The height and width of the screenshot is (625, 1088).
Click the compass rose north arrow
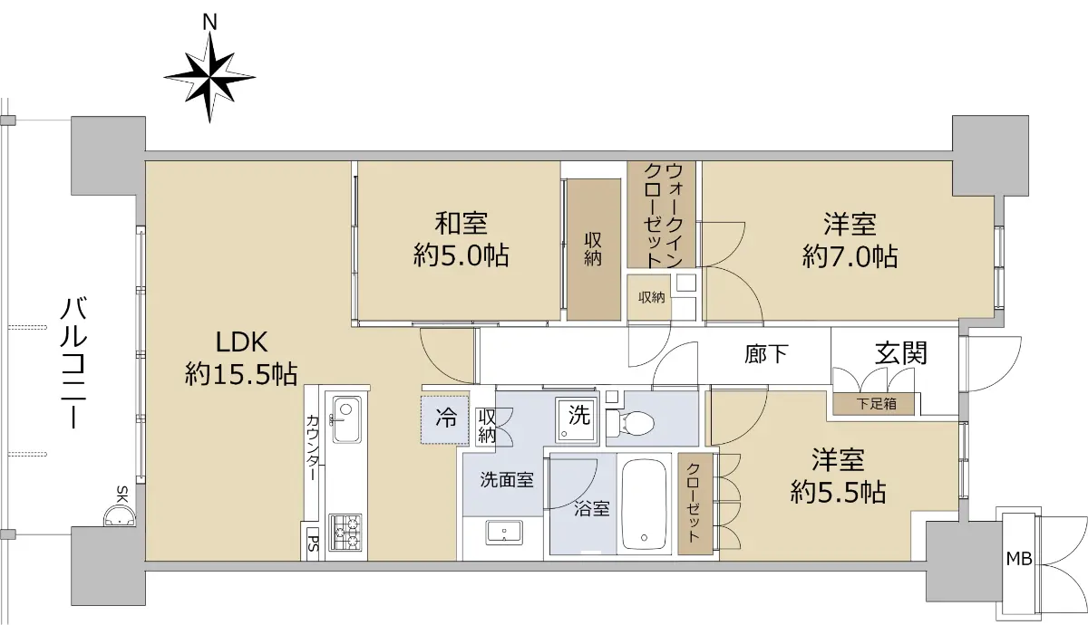pyautogui.click(x=209, y=78)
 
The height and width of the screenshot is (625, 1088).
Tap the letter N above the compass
pyautogui.click(x=209, y=22)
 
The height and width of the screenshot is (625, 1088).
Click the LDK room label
pyautogui.click(x=241, y=342)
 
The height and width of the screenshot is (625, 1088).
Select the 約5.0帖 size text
pyautogui.click(x=461, y=255)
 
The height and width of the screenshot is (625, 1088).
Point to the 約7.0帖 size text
pyautogui.click(x=850, y=256)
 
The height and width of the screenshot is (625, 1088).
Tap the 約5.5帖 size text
pyautogui.click(x=838, y=492)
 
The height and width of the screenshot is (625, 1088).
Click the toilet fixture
pyautogui.click(x=631, y=422)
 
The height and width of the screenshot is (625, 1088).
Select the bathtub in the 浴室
pyautogui.click(x=644, y=504)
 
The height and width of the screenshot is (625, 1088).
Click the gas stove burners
pyautogui.click(x=345, y=533)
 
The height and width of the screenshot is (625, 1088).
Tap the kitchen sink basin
pyautogui.click(x=346, y=419)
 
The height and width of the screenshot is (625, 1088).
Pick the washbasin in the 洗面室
pyautogui.click(x=504, y=533)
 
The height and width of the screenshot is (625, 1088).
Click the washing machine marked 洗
pyautogui.click(x=578, y=420)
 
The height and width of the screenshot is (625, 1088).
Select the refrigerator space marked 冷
pyautogui.click(x=445, y=419)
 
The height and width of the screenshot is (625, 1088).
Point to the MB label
pyautogui.click(x=1018, y=559)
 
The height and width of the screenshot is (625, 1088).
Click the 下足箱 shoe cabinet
pyautogui.click(x=874, y=404)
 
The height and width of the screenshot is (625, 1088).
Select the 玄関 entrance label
pyautogui.click(x=901, y=353)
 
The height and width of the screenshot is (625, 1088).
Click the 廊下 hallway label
pyautogui.click(x=766, y=354)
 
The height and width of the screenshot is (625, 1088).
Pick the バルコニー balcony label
pyautogui.click(x=73, y=364)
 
